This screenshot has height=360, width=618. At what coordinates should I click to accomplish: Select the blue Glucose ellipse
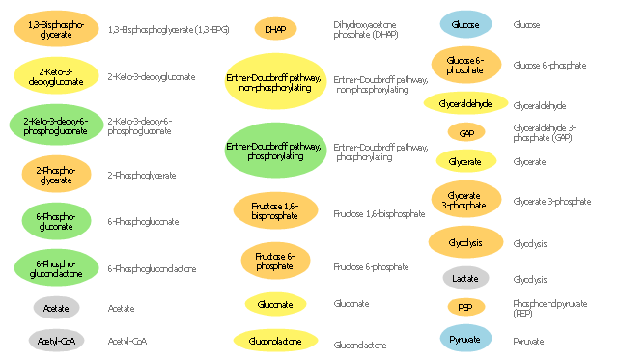465,23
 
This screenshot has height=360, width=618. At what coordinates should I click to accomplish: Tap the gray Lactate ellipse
465,279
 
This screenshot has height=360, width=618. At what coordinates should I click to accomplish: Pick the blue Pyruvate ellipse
465,340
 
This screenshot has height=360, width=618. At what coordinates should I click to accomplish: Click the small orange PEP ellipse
465,308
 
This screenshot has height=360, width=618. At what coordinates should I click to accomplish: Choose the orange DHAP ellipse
275,30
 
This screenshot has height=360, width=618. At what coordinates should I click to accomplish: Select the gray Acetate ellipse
55,308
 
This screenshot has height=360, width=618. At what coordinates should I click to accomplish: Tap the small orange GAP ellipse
465,132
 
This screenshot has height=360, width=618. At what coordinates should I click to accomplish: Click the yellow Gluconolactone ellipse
275,340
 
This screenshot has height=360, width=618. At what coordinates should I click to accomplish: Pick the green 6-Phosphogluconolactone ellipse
55,266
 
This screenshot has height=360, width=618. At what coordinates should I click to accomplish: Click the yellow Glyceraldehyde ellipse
465,103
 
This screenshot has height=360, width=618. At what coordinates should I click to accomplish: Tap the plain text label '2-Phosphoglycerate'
142,175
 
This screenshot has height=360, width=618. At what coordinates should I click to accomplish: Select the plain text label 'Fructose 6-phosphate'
369,265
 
